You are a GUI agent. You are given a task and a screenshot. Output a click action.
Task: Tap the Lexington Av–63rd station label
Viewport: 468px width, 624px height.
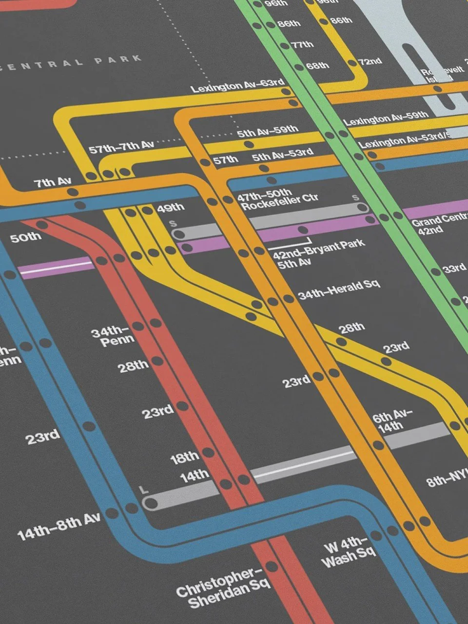point(237,86)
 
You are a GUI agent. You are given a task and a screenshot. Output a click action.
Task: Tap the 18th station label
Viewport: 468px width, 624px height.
point(185,457)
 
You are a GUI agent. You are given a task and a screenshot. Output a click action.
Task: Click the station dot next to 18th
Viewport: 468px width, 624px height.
point(208,453)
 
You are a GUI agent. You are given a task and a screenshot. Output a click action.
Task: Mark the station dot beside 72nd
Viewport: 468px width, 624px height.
point(351,62)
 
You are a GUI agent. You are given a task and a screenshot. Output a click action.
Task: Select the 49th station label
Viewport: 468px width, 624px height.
point(170,208)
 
